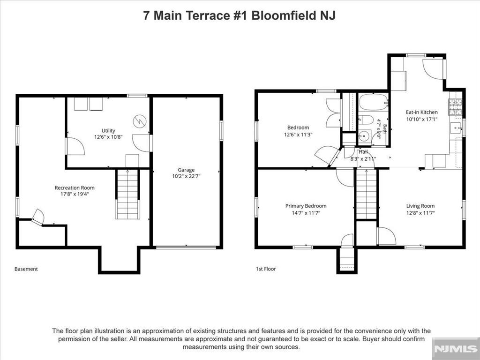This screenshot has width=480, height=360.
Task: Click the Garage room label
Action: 186,170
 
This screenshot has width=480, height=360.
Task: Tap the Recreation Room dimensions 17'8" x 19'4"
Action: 75,194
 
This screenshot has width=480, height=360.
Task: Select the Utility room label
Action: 108,131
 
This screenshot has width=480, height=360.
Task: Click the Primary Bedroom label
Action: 306,206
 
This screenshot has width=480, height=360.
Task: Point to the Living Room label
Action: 420,206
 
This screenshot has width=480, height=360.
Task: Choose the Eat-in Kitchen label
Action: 422,112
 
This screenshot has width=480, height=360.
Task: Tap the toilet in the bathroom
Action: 365,120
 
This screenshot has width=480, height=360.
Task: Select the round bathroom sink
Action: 364,136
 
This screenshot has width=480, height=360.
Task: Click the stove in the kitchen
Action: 455,107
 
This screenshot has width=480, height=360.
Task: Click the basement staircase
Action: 127,195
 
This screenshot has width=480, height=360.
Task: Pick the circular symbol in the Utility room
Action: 139,121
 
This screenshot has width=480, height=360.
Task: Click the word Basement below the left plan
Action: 26,269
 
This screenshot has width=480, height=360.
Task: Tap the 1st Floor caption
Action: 266,269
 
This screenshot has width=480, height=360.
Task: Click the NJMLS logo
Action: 456,349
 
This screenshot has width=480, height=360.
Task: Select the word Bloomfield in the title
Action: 284,15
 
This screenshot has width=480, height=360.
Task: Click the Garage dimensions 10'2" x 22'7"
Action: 186,176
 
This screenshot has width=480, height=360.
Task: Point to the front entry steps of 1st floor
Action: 347,260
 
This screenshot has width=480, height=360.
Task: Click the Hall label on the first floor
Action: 363,152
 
